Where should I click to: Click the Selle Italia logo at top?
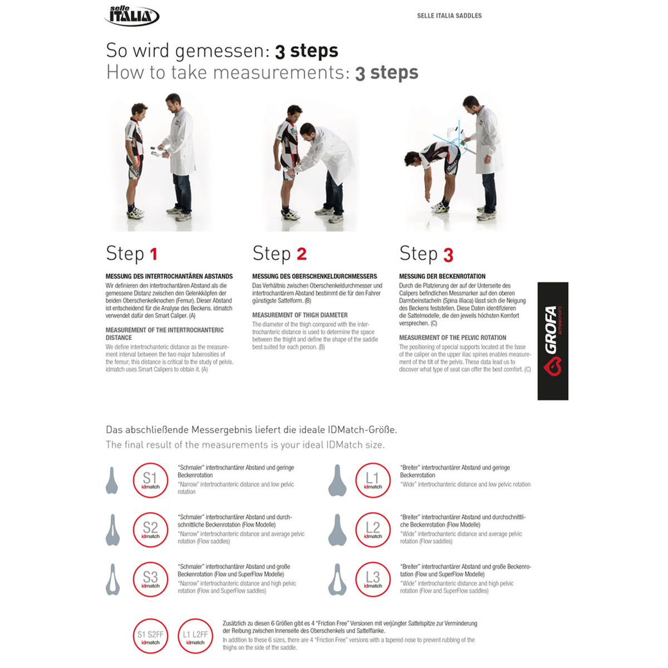click(x=132, y=15)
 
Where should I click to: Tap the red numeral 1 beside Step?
click(x=154, y=254)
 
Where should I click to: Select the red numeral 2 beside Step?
click(x=301, y=254)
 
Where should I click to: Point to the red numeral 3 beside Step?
click(x=448, y=255)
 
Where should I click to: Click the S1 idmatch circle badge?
click(x=150, y=480)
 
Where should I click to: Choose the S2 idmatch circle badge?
click(x=150, y=529)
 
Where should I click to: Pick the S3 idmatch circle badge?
click(x=150, y=579)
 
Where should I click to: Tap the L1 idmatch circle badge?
click(x=372, y=480)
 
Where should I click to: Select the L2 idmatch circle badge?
click(x=372, y=529)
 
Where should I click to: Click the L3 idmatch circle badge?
click(x=372, y=579)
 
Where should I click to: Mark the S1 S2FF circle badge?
click(x=150, y=636)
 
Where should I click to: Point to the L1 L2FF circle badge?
click(x=195, y=636)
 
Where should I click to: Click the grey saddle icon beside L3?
click(x=337, y=579)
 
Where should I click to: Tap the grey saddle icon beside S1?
click(x=112, y=480)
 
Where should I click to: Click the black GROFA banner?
click(x=552, y=341)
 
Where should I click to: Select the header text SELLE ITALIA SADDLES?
click(x=449, y=16)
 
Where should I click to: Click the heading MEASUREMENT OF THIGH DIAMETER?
click(x=299, y=315)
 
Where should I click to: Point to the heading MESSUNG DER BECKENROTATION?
click(x=442, y=276)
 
